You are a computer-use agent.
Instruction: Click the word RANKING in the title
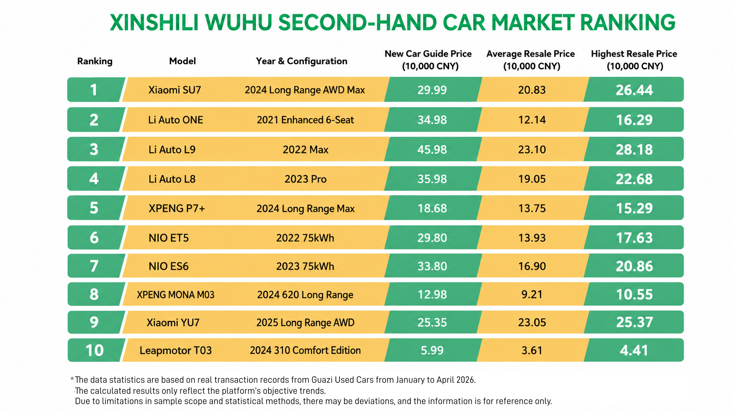627,22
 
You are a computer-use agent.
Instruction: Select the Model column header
183,61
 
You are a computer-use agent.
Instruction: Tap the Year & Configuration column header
302,61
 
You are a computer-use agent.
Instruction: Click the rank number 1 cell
94,90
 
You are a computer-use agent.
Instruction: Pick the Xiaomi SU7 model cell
174,90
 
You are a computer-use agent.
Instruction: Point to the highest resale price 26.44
634,90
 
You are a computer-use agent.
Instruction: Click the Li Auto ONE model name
176,120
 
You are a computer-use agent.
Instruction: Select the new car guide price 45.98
432,150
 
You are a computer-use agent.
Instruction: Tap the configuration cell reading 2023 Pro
306,179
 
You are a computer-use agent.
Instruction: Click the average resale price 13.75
532,208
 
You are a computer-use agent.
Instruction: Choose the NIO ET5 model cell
169,238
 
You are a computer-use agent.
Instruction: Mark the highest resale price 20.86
634,266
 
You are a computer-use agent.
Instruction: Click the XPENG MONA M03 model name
176,295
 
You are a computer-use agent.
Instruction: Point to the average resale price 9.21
532,294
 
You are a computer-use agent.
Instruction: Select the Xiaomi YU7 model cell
173,323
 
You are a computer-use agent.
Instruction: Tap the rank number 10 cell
94,350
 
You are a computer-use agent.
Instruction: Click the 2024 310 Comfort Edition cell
306,350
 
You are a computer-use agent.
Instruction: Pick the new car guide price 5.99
432,350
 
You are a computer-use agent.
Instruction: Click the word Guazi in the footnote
323,380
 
